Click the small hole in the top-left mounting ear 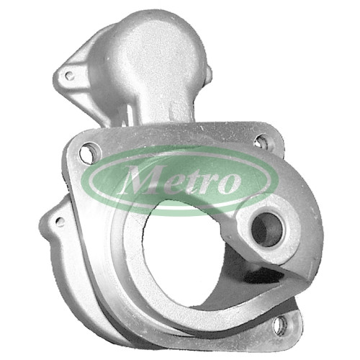pyautogui.click(x=69, y=76)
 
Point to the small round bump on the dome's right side pyautogui.click(x=210, y=73)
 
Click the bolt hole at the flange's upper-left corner pyautogui.click(x=88, y=152)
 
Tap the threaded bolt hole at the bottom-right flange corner pyautogui.click(x=283, y=325)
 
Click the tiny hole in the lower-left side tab pyautogui.click(x=60, y=220)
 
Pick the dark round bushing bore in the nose pyautogui.click(x=267, y=230)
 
